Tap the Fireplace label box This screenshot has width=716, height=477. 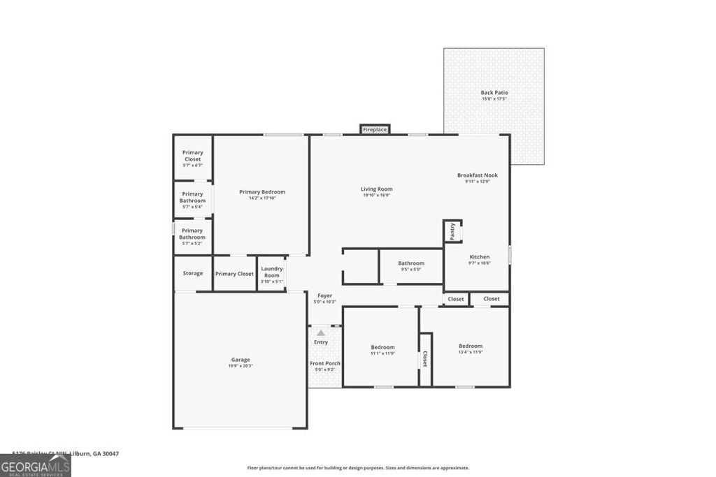[x=375, y=129]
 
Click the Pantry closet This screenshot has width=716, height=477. [x=452, y=231]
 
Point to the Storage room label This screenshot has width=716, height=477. [x=193, y=273]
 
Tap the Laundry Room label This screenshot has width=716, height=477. [x=271, y=272]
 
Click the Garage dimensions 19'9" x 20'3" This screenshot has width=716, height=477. [x=241, y=366]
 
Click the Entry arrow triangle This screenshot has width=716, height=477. [x=321, y=333]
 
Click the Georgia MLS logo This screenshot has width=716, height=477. [x=35, y=466]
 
